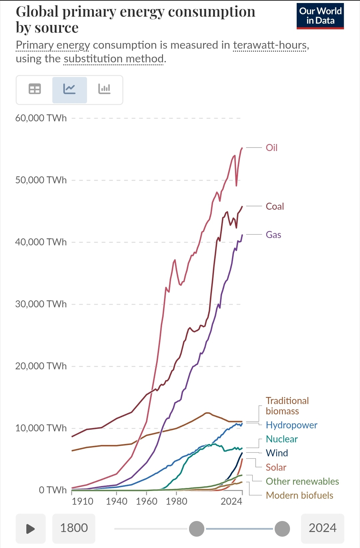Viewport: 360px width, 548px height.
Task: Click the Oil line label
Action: pos(271,148)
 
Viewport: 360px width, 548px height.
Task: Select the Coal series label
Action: pos(275,206)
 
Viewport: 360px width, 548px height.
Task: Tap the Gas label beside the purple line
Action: pos(273,235)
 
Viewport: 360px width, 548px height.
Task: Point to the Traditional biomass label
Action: pos(287,406)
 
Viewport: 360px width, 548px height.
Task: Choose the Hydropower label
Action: pos(291,425)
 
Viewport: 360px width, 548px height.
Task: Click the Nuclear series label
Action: pos(282,439)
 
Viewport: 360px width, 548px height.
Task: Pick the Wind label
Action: pos(277,453)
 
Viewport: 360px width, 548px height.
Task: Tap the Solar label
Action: pos(276,467)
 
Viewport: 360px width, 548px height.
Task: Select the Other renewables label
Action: pos(302,481)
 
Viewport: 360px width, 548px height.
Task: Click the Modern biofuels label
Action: pos(299,495)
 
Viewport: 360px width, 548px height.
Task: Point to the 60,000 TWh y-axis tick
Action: pos(41,118)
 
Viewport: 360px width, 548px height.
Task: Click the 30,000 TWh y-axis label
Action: pos(41,304)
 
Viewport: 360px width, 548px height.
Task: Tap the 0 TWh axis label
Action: pos(53,490)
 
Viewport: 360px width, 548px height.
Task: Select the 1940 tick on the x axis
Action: pos(116,501)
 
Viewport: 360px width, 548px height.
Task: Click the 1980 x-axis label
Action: pos(176,501)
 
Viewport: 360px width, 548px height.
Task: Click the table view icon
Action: pos(35,89)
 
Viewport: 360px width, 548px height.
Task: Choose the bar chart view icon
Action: pos(104,89)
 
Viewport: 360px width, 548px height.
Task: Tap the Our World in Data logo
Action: pos(320,16)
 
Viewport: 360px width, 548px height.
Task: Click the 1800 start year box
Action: pos(74,528)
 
